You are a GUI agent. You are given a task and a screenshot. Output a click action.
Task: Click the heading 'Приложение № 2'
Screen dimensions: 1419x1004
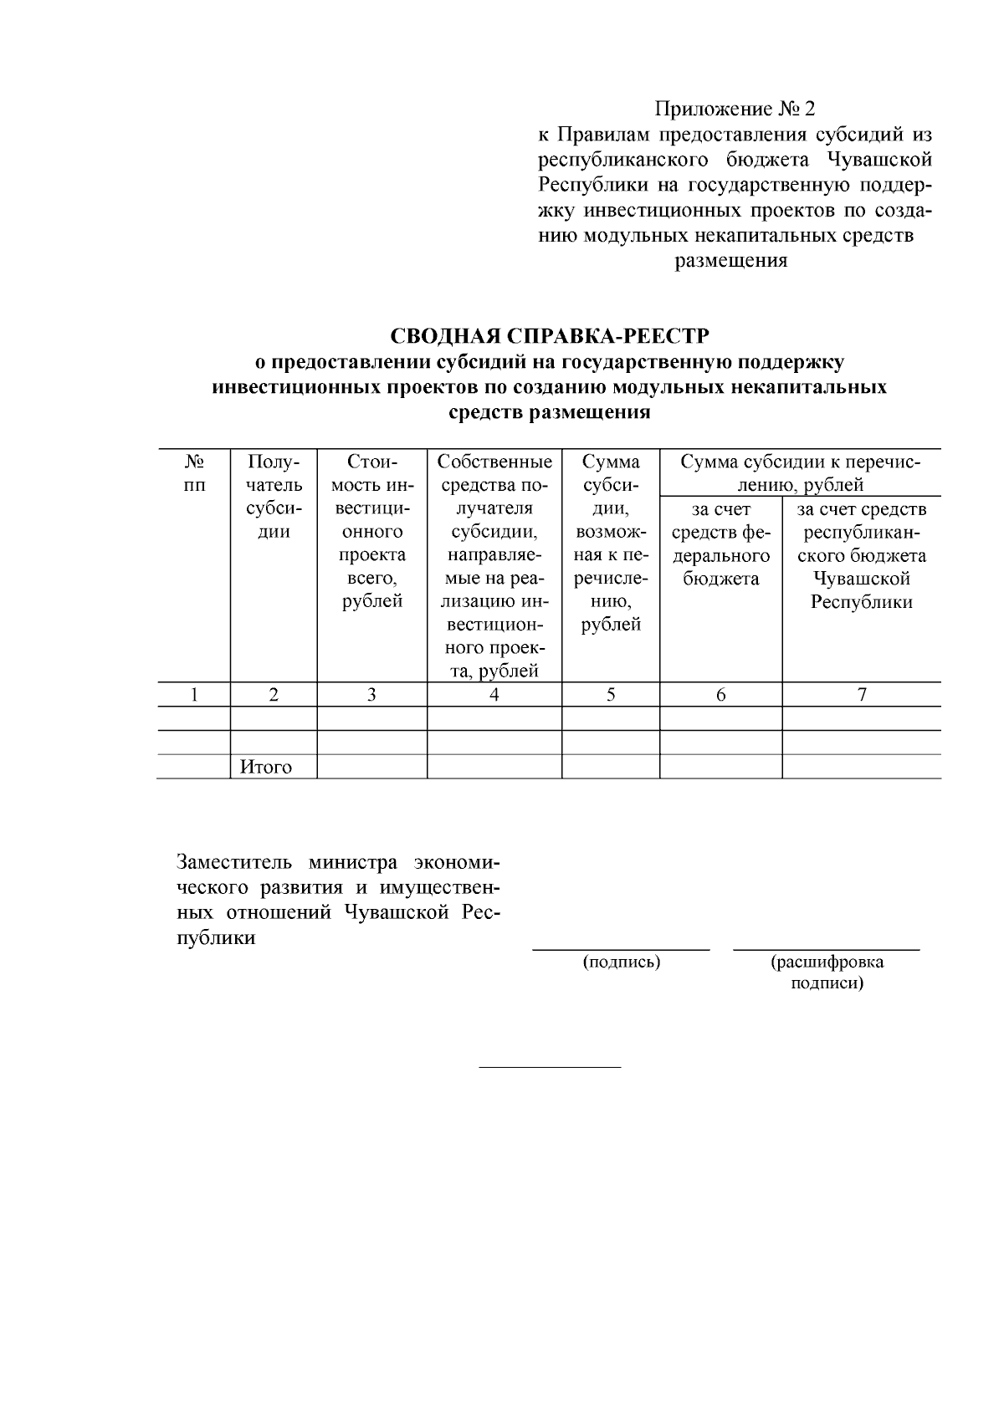734,110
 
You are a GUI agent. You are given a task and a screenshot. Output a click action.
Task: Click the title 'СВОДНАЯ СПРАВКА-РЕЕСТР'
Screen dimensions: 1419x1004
550,336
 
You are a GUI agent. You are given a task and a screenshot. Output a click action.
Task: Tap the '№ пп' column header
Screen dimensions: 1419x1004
194,473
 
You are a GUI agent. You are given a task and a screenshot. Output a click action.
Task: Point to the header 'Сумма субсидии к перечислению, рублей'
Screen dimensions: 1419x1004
800,473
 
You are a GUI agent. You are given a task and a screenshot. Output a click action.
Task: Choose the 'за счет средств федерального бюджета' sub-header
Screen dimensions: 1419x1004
720,544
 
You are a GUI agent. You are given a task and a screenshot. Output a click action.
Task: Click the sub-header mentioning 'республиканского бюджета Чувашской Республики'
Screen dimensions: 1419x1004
861,555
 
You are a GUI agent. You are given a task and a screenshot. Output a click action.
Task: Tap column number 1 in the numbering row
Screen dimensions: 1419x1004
194,694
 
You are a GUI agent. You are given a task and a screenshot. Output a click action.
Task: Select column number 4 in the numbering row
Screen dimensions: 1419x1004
494,694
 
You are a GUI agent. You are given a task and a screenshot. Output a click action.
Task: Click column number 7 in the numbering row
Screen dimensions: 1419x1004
861,694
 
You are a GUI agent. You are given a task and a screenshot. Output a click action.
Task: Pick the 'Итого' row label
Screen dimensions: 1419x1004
266,767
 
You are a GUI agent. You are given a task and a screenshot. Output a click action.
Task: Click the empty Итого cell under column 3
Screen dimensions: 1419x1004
371,767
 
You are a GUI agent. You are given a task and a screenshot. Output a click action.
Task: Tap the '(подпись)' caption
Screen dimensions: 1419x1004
622,962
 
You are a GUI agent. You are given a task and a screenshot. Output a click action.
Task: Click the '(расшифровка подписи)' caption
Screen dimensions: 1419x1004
827,972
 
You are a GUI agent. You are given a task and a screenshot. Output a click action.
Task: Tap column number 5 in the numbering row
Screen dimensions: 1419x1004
611,694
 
